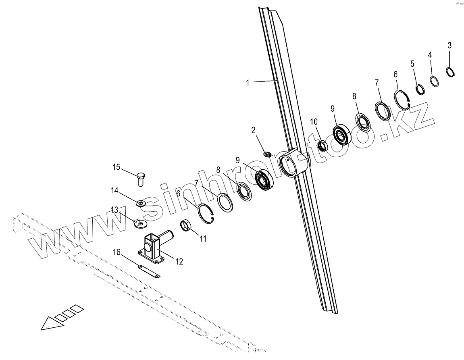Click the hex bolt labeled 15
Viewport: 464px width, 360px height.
point(140,178)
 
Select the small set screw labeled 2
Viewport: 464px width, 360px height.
point(268,153)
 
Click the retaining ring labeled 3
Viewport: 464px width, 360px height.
point(451,72)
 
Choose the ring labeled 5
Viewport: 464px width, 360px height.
point(420,89)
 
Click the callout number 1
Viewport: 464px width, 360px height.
point(248,83)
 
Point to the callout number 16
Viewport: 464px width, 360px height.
point(116,252)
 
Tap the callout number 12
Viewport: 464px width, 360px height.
point(179,262)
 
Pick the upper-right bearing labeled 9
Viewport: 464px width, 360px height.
point(342,135)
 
